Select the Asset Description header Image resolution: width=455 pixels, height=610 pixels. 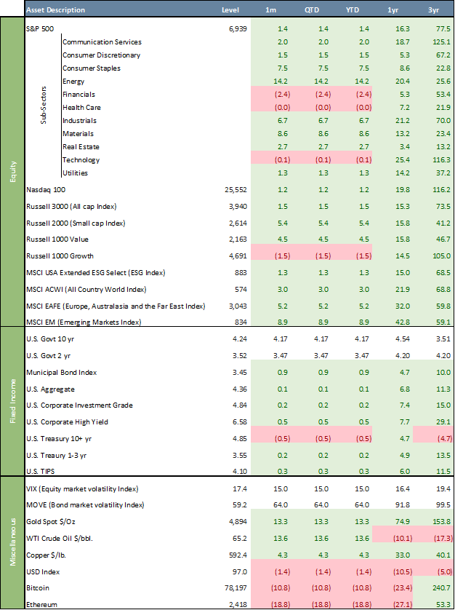pos(55,10)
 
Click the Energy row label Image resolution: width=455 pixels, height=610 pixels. pos(74,81)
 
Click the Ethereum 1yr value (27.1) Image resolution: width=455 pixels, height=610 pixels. pos(397,604)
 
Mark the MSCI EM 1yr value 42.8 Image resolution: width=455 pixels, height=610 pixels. pos(400,321)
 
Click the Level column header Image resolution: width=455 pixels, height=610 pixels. pos(230,10)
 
